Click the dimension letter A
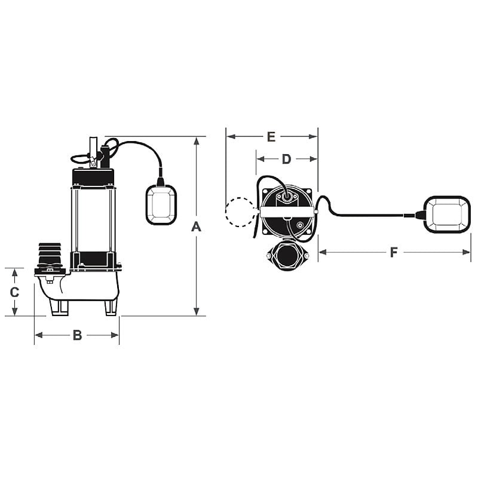pyautogui.click(x=196, y=227)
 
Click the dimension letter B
pyautogui.click(x=77, y=335)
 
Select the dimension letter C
pyautogui.click(x=15, y=292)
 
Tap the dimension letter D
pyautogui.click(x=286, y=159)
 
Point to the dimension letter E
pyautogui.click(x=271, y=137)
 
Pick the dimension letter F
pyautogui.click(x=394, y=252)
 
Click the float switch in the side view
pyautogui.click(x=161, y=204)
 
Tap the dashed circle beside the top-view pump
pyautogui.click(x=240, y=212)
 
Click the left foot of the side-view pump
pyautogui.click(x=60, y=307)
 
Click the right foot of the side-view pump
pyautogui.click(x=111, y=307)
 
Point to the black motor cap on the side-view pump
pyautogui.click(x=93, y=177)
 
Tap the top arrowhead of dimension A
pyautogui.click(x=196, y=140)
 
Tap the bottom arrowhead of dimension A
pyautogui.click(x=196, y=312)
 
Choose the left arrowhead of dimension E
pyautogui.click(x=229, y=137)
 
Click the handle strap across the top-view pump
pyautogui.click(x=287, y=212)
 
